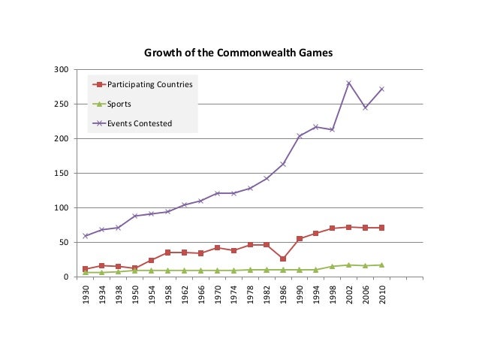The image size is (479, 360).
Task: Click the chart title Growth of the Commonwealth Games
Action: point(239,53)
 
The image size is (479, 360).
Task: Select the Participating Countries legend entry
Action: point(149,84)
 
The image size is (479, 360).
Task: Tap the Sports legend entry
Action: point(120,104)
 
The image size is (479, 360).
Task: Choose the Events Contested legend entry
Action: point(140,123)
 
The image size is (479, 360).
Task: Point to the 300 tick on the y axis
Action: point(62,70)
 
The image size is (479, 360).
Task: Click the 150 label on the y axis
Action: point(62,174)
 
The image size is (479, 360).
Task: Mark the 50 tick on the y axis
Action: point(65,243)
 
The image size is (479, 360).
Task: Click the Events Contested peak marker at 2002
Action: point(348,83)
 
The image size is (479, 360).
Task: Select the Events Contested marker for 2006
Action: point(365,107)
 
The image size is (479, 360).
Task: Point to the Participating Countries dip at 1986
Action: point(283,259)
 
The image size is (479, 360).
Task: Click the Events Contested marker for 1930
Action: point(85,236)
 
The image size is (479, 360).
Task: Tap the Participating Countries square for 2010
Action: point(381,228)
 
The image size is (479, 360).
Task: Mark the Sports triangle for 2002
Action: point(348,265)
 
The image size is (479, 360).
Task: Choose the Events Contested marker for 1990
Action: point(300,136)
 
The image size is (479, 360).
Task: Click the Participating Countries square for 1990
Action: point(300,239)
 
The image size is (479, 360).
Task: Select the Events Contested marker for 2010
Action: point(381,89)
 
